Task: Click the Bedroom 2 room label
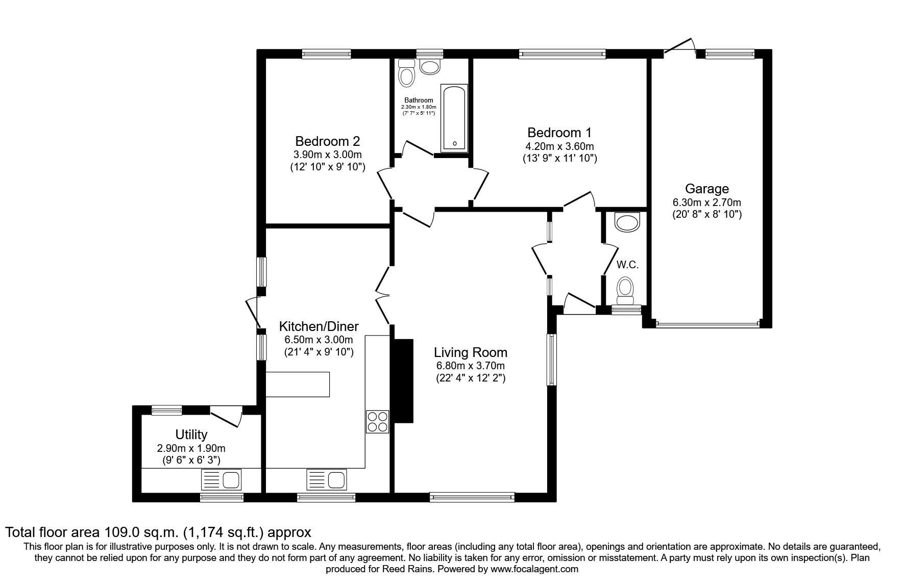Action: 328,141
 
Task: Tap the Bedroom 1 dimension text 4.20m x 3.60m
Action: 559,146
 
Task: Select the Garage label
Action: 706,189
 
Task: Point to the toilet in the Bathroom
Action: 407,74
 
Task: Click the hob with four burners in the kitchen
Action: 377,422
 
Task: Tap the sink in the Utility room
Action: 222,480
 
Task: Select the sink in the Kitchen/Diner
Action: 326,480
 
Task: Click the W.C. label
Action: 627,265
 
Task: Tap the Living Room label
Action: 470,352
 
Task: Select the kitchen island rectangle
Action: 298,384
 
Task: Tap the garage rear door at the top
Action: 680,45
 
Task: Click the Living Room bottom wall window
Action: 472,496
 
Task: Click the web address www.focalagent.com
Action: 534,569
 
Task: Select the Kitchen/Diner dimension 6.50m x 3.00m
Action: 319,340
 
